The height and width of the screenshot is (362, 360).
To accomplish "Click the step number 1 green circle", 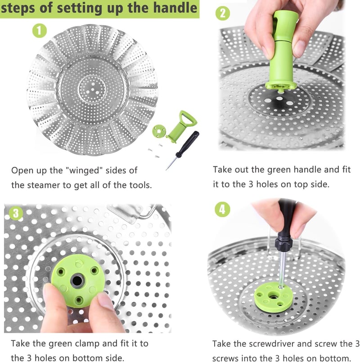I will (x=40, y=31).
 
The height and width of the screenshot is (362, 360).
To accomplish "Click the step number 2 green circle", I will (x=222, y=13).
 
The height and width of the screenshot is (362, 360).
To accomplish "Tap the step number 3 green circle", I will (x=16, y=213).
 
